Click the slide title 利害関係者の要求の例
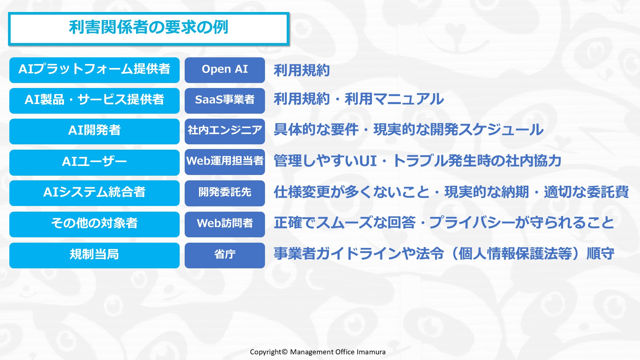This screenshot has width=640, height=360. (149, 27)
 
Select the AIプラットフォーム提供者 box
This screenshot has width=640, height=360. (94, 70)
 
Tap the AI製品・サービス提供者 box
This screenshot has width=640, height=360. (94, 101)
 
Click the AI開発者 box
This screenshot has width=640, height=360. (94, 131)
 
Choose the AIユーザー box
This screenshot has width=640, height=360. (94, 162)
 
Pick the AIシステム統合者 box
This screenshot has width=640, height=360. (94, 193)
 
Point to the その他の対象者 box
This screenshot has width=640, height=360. (94, 224)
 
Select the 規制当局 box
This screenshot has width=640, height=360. (94, 255)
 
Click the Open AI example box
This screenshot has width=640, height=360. (225, 70)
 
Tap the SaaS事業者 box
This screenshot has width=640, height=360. (225, 101)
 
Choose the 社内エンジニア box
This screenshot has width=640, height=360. (225, 131)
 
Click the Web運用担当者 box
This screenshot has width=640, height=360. (225, 162)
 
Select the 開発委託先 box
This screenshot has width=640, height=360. (225, 193)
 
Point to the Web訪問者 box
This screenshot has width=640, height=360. (225, 224)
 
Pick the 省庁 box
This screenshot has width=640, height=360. (225, 255)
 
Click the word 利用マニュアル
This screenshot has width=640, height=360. (394, 99)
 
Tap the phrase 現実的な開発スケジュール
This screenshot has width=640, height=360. (459, 130)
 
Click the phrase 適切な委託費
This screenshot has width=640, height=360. (586, 192)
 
